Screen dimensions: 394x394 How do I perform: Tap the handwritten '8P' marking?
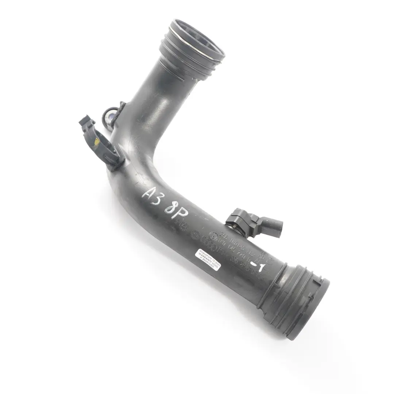pos(177,208)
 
